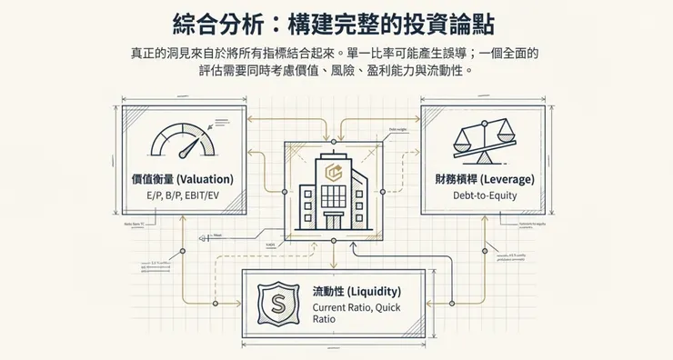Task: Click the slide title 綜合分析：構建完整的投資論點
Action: point(336,22)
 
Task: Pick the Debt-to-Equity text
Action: point(488,195)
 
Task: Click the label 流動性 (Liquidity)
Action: point(357,292)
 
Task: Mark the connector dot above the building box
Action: point(333,142)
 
